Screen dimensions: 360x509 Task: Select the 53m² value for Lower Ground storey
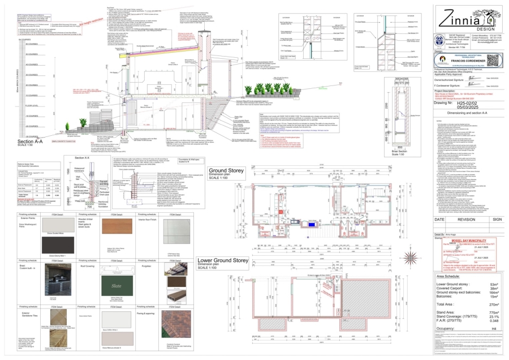(x=493, y=284)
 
